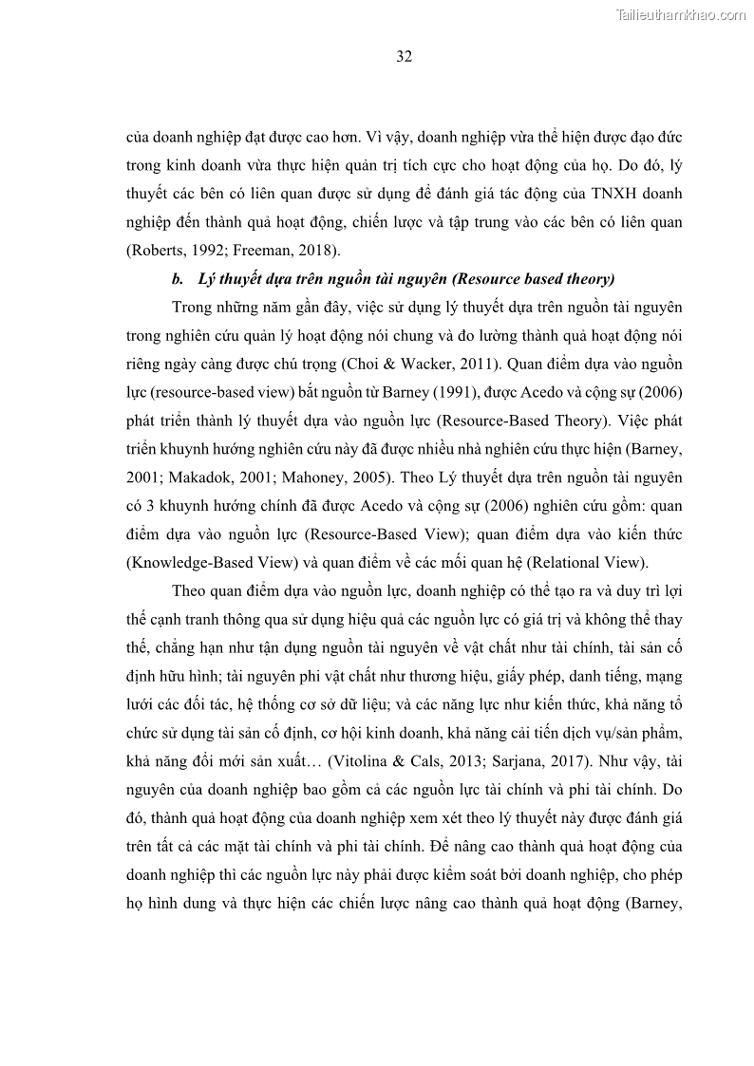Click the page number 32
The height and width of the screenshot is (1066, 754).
tap(404, 57)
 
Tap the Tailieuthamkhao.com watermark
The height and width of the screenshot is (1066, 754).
tap(681, 14)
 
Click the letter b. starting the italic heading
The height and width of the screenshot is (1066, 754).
tap(177, 279)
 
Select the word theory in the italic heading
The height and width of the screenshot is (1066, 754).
tap(590, 279)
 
